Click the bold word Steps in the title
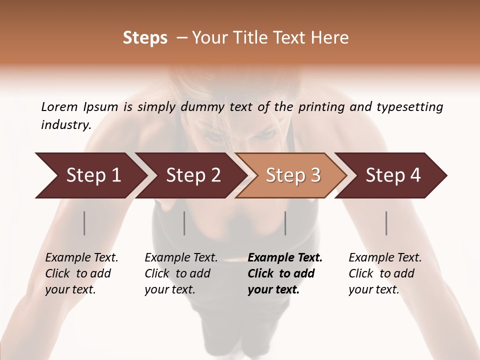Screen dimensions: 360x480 point(145,38)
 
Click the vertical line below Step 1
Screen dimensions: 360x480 point(84,223)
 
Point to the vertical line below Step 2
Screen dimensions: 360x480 point(184,223)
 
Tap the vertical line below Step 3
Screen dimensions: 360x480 point(285,223)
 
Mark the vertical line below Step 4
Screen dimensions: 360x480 point(386,223)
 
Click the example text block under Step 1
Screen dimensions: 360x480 point(81,273)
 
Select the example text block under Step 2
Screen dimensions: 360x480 point(181,273)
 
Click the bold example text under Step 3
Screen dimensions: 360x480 point(285,273)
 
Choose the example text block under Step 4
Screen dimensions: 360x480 point(385,273)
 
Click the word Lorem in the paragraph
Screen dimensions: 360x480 point(59,106)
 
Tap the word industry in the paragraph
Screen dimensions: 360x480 point(66,125)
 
